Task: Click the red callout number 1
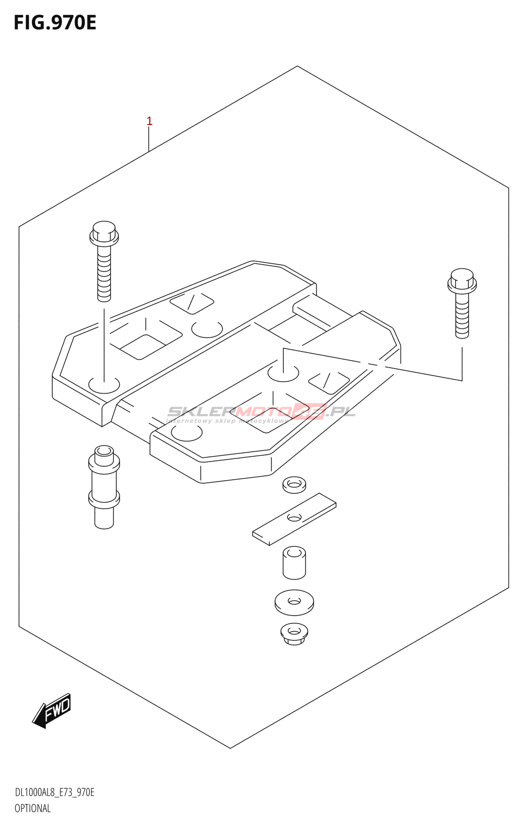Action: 149,121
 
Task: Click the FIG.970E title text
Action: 55,23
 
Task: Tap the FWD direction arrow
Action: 52,710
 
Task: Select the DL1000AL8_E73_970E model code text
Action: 54,792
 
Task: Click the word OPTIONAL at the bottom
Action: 33,808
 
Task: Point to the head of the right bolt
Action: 462,280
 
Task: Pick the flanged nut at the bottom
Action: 294,634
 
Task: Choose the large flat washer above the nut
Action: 294,602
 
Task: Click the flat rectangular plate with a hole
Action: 294,518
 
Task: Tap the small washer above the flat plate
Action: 294,484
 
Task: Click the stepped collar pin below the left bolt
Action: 104,486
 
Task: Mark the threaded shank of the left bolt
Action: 104,274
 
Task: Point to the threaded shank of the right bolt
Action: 462,315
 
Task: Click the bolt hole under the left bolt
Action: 104,385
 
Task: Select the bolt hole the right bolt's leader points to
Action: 283,373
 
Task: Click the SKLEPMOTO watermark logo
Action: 261,412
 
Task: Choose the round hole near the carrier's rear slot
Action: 207,329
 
